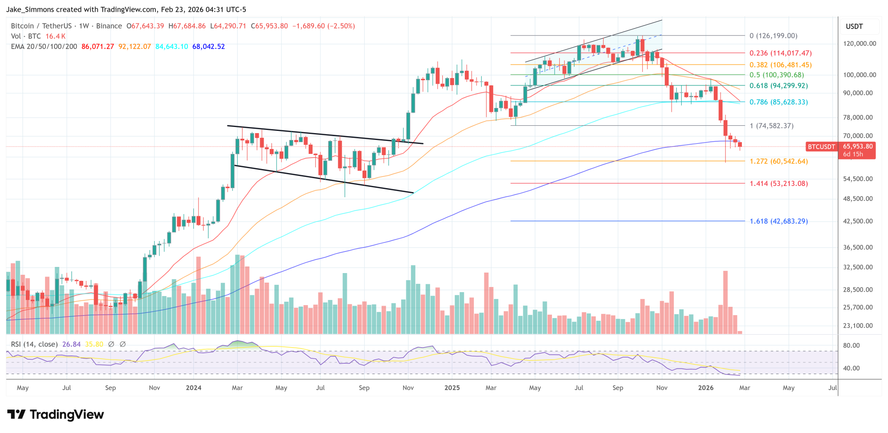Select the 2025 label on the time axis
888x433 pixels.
point(452,387)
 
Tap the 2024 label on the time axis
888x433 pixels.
point(193,387)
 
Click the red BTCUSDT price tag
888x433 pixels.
point(821,147)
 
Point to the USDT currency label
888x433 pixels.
point(854,26)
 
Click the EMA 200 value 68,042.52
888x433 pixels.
point(209,46)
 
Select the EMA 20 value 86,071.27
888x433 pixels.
point(98,46)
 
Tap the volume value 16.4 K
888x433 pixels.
point(55,36)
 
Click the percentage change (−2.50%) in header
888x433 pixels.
point(341,26)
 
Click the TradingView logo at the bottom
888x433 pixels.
point(55,415)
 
